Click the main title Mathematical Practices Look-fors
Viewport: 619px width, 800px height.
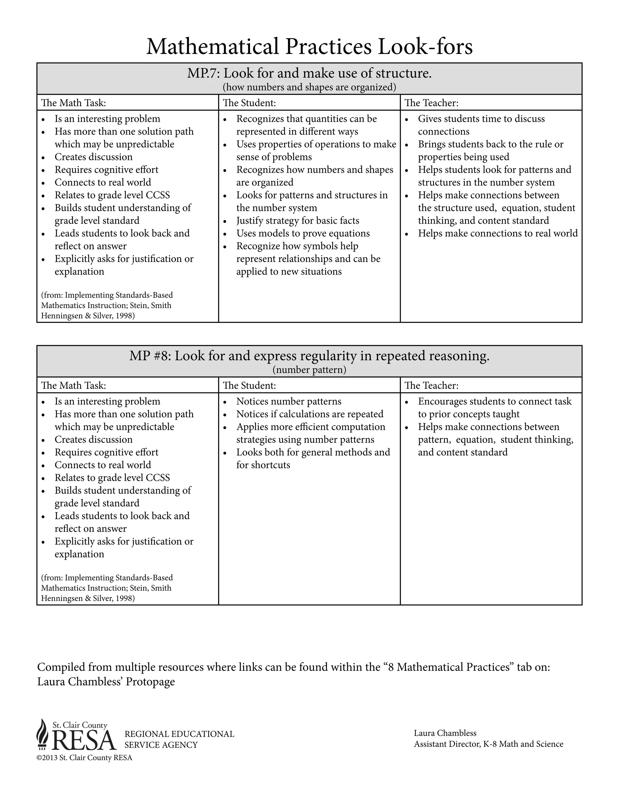click(309, 46)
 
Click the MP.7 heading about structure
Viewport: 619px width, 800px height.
click(309, 74)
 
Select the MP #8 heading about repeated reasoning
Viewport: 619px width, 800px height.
click(309, 356)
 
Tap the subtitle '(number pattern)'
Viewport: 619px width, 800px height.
click(309, 370)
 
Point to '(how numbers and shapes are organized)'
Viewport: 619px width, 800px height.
click(309, 87)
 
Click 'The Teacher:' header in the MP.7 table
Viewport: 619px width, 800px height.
click(431, 103)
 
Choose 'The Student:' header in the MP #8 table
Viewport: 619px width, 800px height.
click(249, 385)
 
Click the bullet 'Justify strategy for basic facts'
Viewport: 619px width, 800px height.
click(297, 220)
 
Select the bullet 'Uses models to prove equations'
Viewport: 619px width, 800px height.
click(303, 233)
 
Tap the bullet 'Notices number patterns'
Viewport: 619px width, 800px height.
click(289, 402)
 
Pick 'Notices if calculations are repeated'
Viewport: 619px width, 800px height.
click(309, 414)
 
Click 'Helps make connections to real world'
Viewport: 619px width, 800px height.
click(497, 233)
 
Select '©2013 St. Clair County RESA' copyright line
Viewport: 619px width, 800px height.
click(84, 758)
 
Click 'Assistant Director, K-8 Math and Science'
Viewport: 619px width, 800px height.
click(488, 744)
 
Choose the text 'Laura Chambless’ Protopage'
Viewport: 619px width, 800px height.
click(106, 682)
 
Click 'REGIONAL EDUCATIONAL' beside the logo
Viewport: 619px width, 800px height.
click(179, 734)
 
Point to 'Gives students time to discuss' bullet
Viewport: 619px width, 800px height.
click(481, 119)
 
